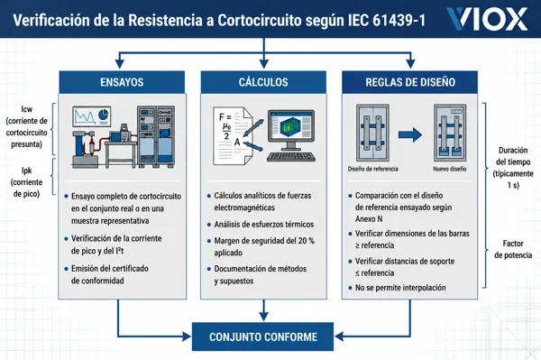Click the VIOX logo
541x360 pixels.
(487, 19)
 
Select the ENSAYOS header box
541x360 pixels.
(122, 82)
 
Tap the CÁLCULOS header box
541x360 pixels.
(263, 82)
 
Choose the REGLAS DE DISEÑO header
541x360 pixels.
(410, 82)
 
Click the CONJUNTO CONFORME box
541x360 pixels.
(263, 337)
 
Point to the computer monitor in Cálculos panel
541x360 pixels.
(291, 130)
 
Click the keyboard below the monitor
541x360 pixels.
(291, 157)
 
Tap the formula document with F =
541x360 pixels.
(233, 136)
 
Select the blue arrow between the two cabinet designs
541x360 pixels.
(410, 134)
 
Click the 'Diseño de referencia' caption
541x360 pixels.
(372, 169)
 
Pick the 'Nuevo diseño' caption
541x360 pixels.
(450, 169)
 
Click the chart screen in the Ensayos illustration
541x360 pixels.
(91, 116)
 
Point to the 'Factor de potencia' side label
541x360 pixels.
(513, 249)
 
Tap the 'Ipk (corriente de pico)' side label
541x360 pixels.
(26, 182)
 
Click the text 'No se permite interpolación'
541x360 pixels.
(400, 288)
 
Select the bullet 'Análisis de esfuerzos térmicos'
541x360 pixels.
(264, 225)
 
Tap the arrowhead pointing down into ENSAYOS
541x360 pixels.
(119, 63)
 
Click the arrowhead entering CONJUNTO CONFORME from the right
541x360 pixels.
(339, 337)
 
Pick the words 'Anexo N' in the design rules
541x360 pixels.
(369, 219)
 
